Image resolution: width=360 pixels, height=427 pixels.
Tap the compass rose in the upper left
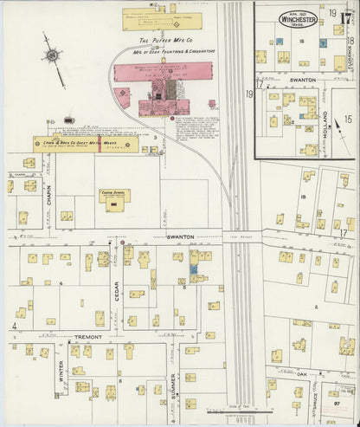[x=52, y=55]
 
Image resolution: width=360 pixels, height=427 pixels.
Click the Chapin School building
[x=115, y=198]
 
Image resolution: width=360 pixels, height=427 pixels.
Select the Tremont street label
[x=87, y=337]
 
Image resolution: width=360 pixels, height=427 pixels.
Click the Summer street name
[x=173, y=385]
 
